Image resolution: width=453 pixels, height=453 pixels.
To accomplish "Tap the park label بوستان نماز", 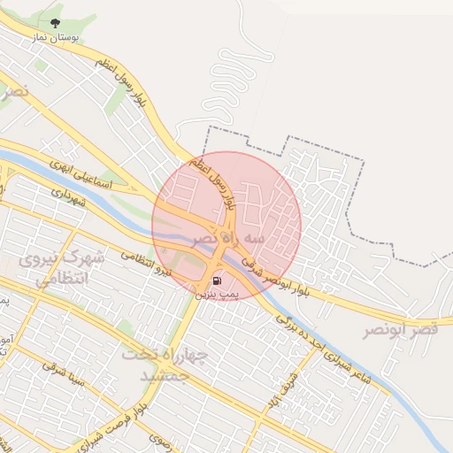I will (x=58, y=39).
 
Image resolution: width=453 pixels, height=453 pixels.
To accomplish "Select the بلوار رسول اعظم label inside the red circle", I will (x=218, y=182).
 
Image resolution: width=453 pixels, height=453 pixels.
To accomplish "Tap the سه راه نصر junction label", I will (x=230, y=239).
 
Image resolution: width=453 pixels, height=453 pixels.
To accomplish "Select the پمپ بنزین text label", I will (x=212, y=295).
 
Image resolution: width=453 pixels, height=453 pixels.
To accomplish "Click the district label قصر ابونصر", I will (x=400, y=330).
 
